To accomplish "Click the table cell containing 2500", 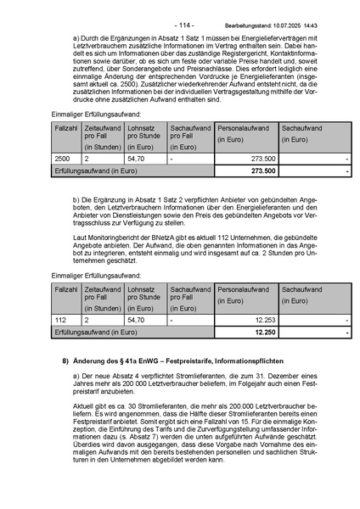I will (62, 159).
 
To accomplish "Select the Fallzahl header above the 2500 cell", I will (65, 126).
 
